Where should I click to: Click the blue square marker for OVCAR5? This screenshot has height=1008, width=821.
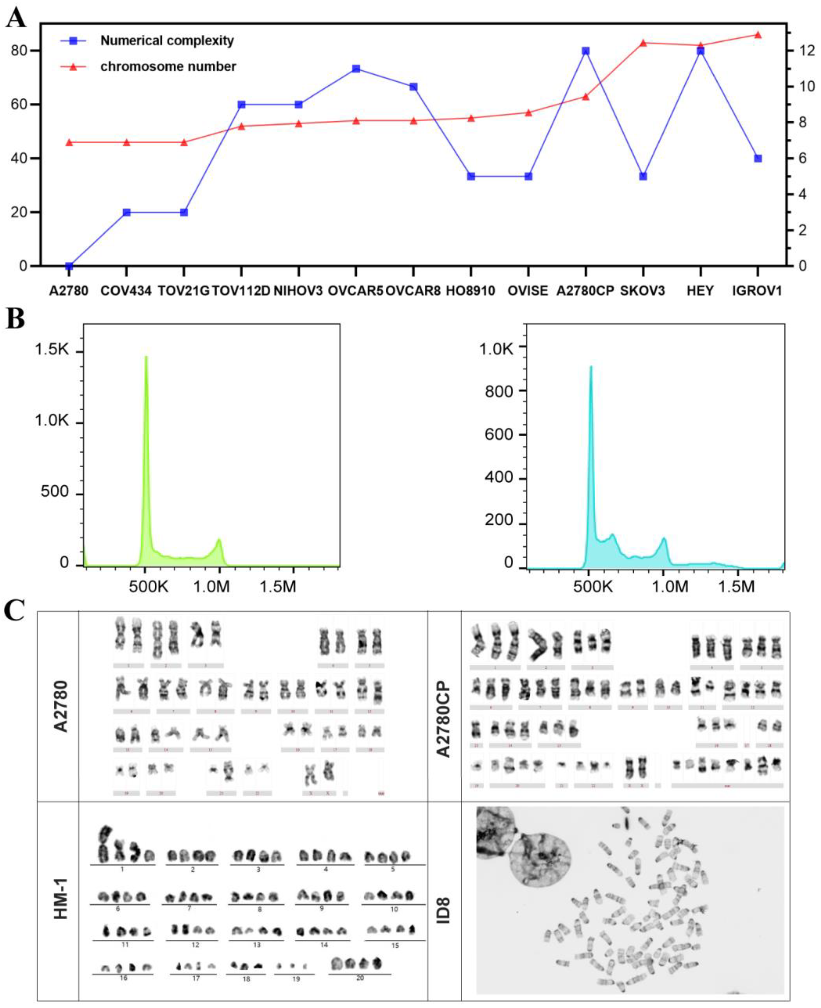(x=356, y=69)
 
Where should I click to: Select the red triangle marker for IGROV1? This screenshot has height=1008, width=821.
(x=758, y=35)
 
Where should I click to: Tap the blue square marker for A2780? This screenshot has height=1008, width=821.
(x=69, y=266)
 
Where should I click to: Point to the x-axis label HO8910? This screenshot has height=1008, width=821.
(x=471, y=291)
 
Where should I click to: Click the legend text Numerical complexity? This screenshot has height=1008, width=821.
(x=167, y=41)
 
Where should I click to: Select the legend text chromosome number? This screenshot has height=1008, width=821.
(x=168, y=66)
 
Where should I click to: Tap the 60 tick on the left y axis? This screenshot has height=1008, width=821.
(x=19, y=105)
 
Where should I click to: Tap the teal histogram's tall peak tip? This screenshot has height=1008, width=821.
(x=590, y=367)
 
